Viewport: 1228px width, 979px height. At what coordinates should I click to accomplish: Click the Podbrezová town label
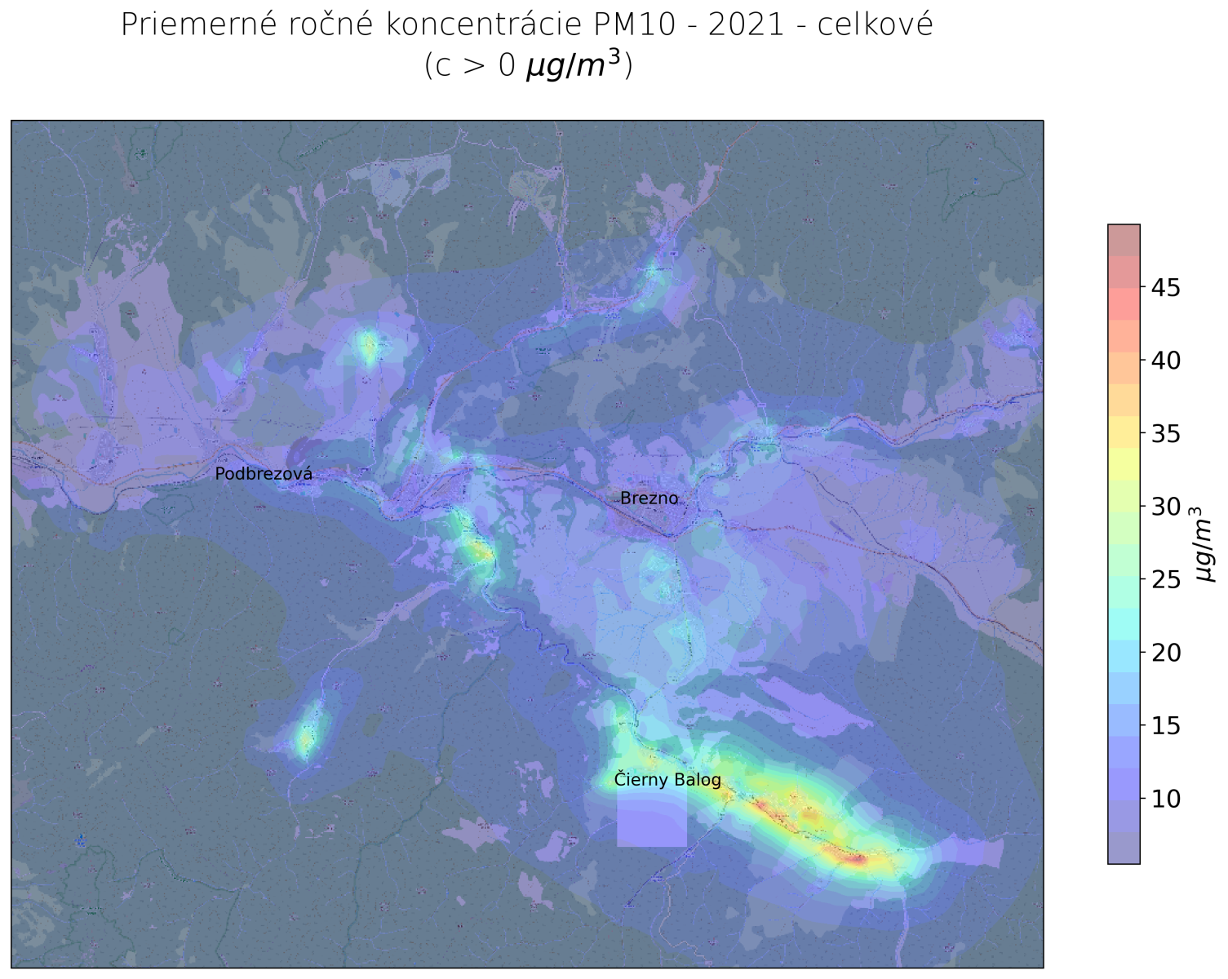point(264,474)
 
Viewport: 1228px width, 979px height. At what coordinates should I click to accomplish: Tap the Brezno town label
point(649,498)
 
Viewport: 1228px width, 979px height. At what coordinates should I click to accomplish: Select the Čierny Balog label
point(667,780)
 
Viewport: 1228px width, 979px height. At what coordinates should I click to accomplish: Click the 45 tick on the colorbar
point(1165,288)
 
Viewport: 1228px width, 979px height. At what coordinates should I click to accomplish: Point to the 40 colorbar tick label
point(1165,361)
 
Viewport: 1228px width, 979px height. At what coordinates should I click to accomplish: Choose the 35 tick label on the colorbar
point(1165,434)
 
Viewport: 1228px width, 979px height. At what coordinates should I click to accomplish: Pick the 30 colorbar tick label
point(1165,507)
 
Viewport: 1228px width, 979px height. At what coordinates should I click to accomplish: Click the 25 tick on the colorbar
point(1165,580)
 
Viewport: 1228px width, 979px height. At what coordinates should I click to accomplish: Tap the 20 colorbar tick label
point(1165,653)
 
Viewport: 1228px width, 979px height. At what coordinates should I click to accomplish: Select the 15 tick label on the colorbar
point(1165,725)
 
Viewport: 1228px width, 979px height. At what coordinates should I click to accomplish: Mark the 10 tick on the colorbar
point(1165,799)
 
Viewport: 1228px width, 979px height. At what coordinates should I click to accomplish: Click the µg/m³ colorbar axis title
point(1205,544)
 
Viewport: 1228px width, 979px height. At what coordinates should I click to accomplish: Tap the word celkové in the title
point(874,25)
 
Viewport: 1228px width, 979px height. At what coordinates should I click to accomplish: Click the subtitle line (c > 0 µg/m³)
point(528,65)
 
